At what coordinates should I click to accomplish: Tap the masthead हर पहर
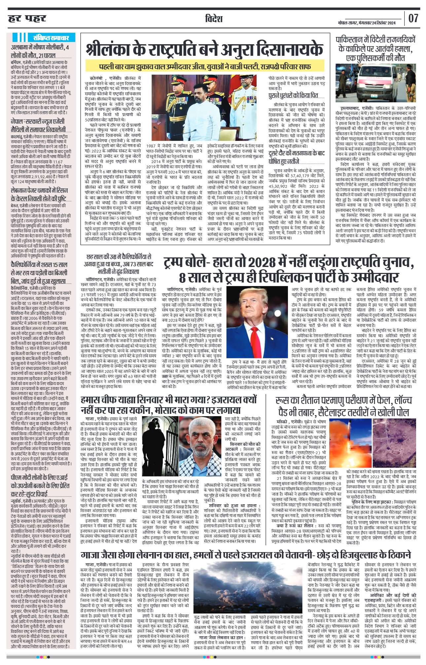[x=27, y=18]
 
